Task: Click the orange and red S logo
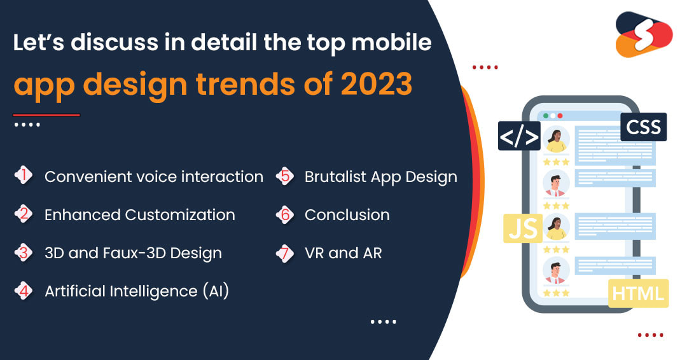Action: pyautogui.click(x=644, y=34)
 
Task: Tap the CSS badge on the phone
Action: pyautogui.click(x=643, y=127)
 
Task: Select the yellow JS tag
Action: pyautogui.click(x=523, y=228)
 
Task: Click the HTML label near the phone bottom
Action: pyautogui.click(x=639, y=293)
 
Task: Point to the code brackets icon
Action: pyautogui.click(x=519, y=136)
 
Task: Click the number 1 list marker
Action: pyautogui.click(x=24, y=176)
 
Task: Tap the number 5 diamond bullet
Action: pyautogui.click(x=285, y=176)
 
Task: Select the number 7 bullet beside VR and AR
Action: pyautogui.click(x=285, y=253)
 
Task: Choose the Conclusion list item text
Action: pyautogui.click(x=347, y=214)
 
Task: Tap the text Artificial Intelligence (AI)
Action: pyautogui.click(x=137, y=291)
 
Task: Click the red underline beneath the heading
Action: pyautogui.click(x=46, y=115)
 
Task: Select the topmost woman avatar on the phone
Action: pyautogui.click(x=556, y=140)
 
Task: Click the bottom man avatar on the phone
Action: pyautogui.click(x=556, y=270)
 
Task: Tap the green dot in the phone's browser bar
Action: pyautogui.click(x=546, y=116)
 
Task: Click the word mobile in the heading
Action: pyautogui.click(x=391, y=43)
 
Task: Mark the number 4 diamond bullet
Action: pyautogui.click(x=24, y=291)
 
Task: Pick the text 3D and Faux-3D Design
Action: pyautogui.click(x=133, y=253)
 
